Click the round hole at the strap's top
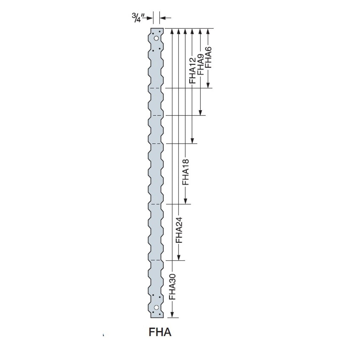156,38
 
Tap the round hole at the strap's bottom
156,307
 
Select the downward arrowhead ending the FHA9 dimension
201,112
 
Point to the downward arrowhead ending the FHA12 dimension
193,141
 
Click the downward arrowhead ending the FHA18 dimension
186,201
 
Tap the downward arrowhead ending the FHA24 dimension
179,257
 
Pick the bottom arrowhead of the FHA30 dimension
172,315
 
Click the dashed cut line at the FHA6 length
156,88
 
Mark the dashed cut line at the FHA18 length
156,204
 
